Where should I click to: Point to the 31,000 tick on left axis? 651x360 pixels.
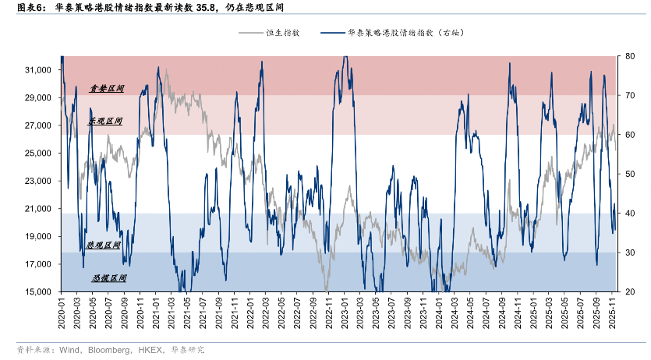[x=38, y=70]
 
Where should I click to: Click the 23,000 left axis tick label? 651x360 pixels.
[x=38, y=181]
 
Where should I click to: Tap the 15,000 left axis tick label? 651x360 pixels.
[x=38, y=292]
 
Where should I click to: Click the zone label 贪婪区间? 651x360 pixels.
[x=107, y=89]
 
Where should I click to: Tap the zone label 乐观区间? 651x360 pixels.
[x=105, y=122]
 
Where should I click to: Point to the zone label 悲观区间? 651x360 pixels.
[x=104, y=245]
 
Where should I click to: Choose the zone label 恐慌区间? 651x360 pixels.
[x=108, y=277]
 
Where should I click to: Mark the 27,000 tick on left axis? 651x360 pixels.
[x=38, y=125]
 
